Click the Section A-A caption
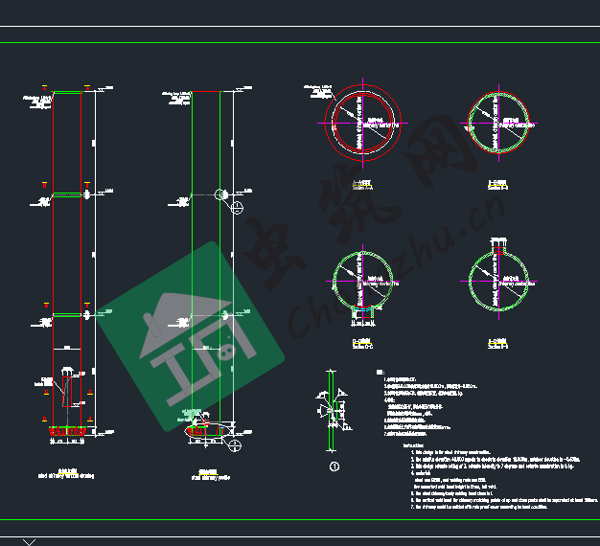coord(363,184)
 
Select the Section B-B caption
coord(496,184)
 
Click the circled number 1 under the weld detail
coord(335,467)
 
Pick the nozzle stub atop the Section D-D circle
coord(496,248)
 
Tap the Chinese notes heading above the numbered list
coord(379,370)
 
